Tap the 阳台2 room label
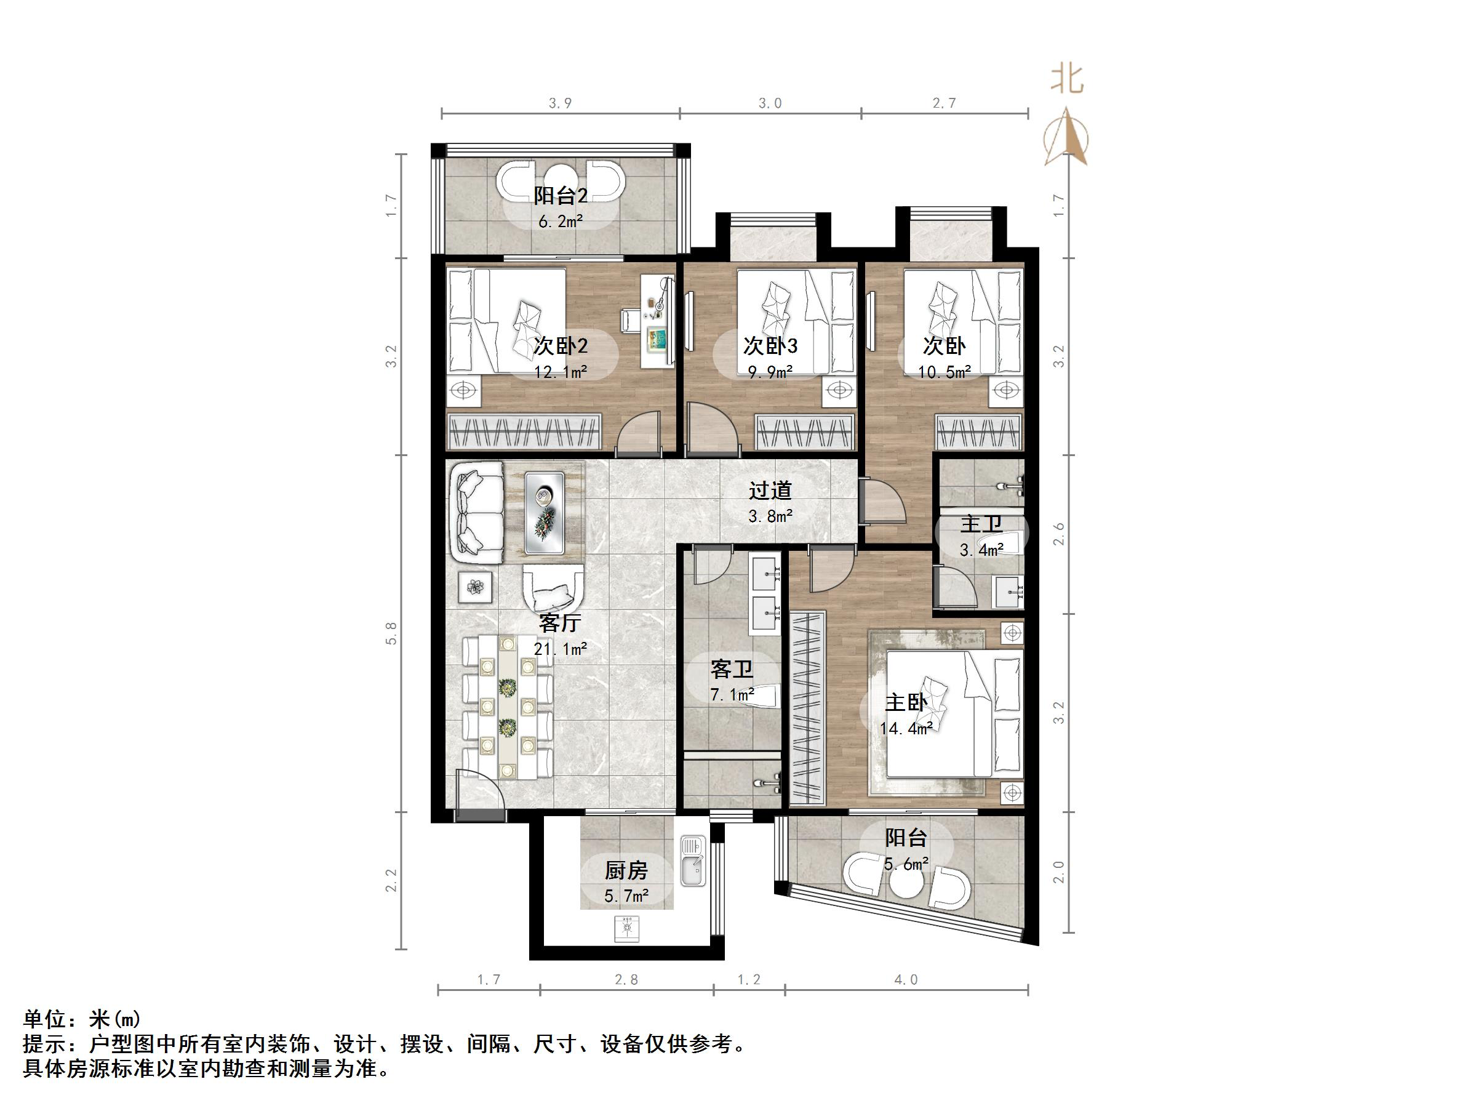coord(560,196)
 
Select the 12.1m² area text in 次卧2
coord(560,372)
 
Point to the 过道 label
coord(770,491)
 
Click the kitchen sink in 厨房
coord(692,862)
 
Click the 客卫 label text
coord(731,669)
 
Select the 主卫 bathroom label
coord(981,524)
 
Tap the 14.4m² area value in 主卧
coord(906,729)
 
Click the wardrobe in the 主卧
coord(807,707)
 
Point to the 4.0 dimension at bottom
coord(906,979)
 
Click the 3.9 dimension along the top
coord(560,103)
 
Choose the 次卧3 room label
coord(770,346)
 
